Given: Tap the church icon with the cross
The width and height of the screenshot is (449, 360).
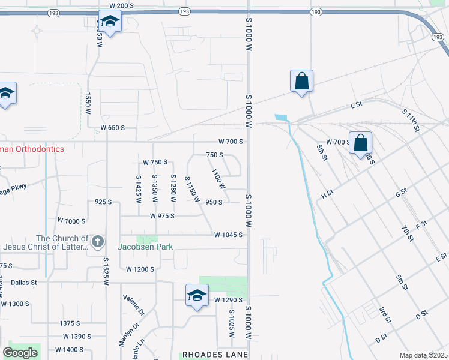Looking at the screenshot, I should (x=97, y=242).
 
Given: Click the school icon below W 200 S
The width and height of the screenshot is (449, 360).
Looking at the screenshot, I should (x=110, y=23).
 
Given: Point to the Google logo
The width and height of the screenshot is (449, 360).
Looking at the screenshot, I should (x=20, y=353).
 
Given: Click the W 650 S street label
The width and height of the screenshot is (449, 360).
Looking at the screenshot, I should (x=112, y=128).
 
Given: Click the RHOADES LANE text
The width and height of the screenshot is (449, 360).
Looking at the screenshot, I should (x=215, y=355).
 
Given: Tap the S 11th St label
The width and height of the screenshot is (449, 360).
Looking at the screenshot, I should (x=411, y=120).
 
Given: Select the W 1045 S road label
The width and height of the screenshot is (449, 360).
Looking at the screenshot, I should (x=228, y=235).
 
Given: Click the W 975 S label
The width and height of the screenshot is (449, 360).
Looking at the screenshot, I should (x=162, y=215).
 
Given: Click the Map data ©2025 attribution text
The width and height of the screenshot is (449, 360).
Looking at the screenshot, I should (x=423, y=355).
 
